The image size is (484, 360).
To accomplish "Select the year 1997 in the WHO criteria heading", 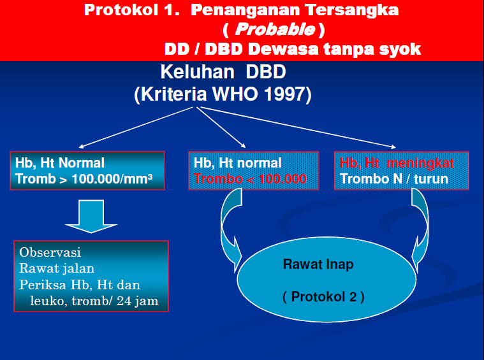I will [x=281, y=94].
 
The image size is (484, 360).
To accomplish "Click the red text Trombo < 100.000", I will [x=250, y=179].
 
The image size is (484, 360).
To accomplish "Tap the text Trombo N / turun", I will [x=393, y=179].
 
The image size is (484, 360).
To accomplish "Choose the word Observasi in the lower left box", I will [x=50, y=252].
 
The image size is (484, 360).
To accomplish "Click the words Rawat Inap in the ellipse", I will [x=318, y=264].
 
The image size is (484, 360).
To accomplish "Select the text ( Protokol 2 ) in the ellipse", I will [x=323, y=297].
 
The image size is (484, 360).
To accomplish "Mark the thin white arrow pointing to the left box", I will [x=134, y=127].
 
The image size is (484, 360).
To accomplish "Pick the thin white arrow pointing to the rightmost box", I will [x=300, y=127].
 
